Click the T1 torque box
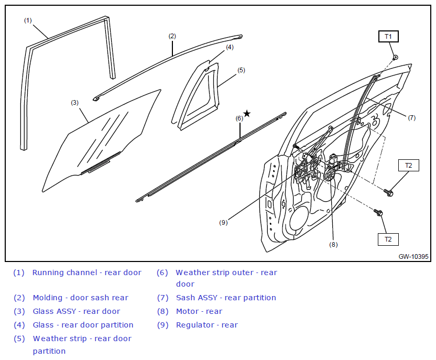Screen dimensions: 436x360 (388, 36)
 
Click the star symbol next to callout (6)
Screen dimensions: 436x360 (247, 113)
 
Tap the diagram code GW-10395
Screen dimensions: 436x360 (413, 256)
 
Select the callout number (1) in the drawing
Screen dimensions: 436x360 (28, 20)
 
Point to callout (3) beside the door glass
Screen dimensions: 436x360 (74, 103)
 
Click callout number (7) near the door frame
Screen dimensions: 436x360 (411, 117)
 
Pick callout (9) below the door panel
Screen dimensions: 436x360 (223, 222)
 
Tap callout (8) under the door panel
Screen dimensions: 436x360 (333, 245)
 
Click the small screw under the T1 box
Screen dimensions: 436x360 (395, 57)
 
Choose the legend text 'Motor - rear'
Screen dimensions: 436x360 (199, 311)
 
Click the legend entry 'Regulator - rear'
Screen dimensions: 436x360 (207, 325)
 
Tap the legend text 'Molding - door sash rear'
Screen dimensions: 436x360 (80, 298)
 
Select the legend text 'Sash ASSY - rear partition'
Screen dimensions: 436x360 (226, 298)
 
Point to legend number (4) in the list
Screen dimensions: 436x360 (19, 325)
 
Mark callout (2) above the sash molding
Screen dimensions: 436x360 (172, 36)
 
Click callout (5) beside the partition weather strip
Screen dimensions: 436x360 (241, 70)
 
